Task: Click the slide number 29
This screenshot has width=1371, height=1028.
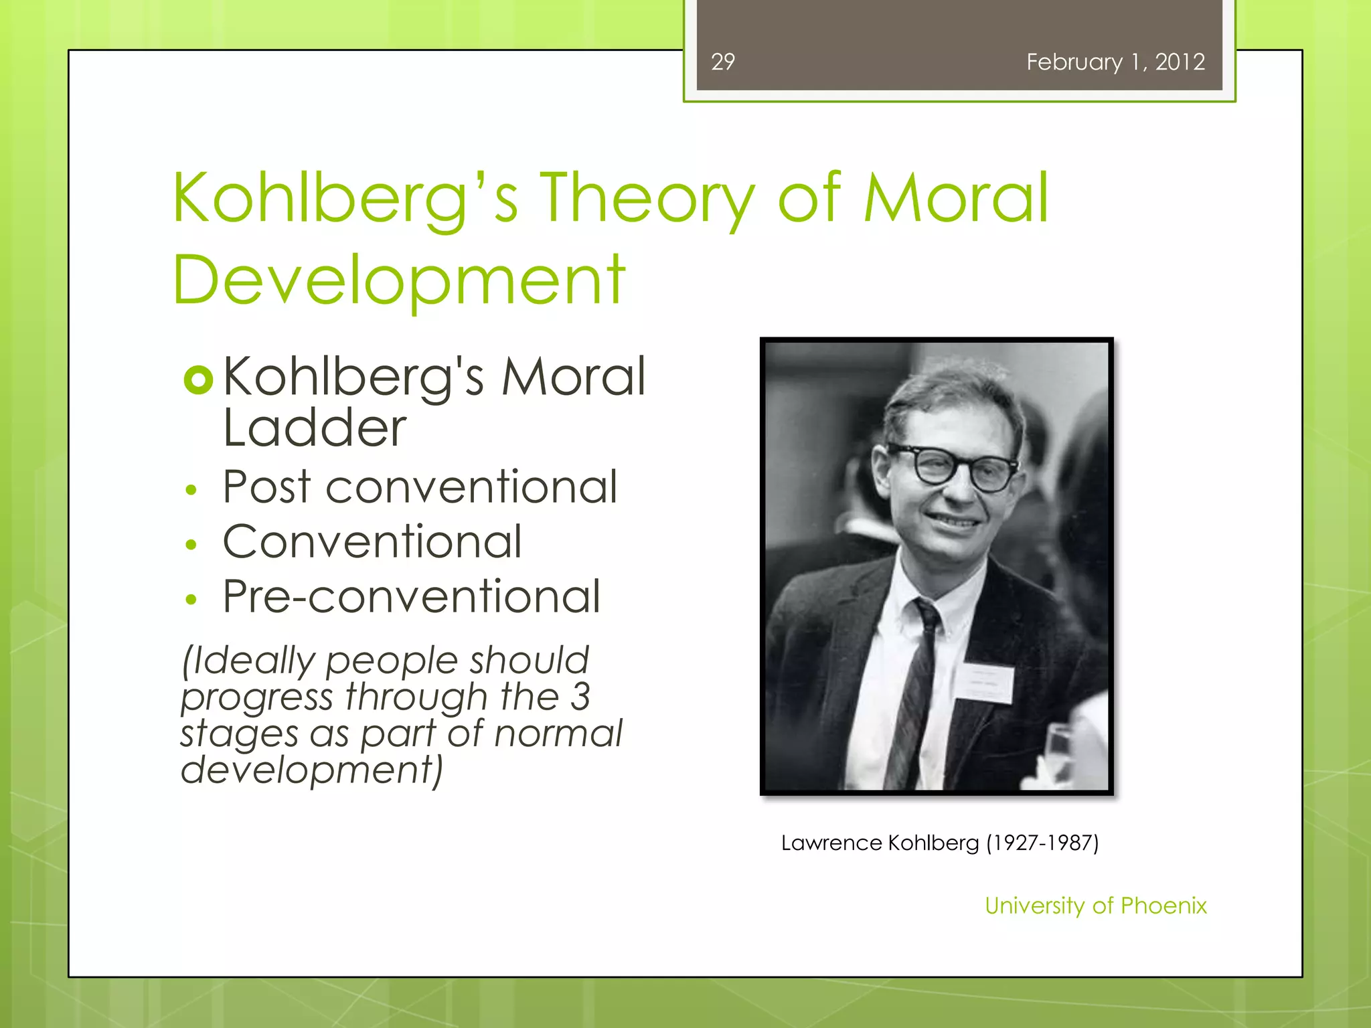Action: [x=723, y=62]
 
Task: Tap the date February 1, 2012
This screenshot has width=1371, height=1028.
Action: [x=1115, y=62]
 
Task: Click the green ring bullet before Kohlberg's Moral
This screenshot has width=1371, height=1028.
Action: [x=198, y=380]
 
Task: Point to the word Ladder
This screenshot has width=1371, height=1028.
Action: [x=315, y=428]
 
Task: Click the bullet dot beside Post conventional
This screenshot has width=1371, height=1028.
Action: [x=191, y=491]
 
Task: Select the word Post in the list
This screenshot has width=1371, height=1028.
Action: [x=266, y=487]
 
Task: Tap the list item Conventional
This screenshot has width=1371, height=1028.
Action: [x=372, y=541]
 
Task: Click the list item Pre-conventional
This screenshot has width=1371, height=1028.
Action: [x=411, y=596]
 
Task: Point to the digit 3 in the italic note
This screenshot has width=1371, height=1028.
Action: [x=580, y=697]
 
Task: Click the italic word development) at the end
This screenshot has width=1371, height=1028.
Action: [x=312, y=770]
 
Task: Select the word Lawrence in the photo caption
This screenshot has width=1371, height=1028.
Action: [x=831, y=843]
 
